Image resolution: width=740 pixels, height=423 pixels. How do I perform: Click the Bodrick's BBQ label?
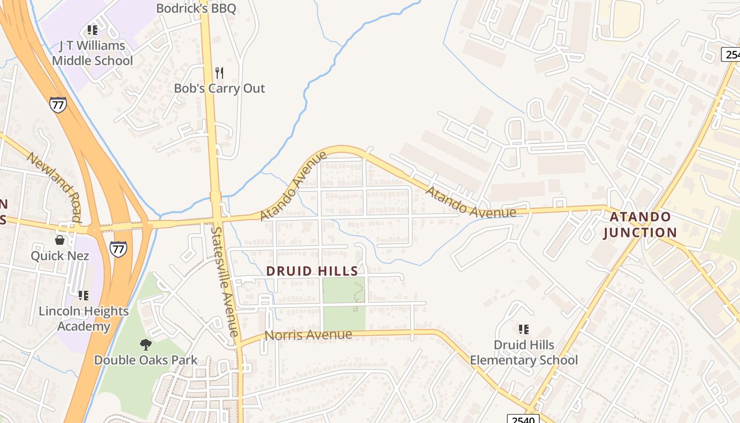coord(196,8)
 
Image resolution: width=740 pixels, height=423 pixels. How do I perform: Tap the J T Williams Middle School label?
coord(92,53)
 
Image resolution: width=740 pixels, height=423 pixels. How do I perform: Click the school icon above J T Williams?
coord(92,30)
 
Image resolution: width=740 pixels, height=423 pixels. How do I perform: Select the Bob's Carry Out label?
coord(219,88)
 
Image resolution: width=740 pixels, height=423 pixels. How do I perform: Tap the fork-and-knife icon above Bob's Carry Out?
coord(219,72)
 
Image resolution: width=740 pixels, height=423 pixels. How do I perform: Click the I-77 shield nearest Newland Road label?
coord(58,105)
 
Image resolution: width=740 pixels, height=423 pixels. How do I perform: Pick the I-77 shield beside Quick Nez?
coord(118,249)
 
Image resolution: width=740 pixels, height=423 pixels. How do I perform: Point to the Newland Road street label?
coord(54,187)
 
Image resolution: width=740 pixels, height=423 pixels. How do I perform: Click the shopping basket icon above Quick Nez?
coord(60,240)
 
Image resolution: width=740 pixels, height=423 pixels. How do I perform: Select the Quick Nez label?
coord(60,256)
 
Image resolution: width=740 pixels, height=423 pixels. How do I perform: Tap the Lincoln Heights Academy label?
coord(84,318)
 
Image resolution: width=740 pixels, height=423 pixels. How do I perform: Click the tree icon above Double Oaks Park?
coord(145,345)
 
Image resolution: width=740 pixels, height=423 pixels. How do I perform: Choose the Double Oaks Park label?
coord(145,360)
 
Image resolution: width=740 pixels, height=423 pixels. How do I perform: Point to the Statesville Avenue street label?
coord(225,281)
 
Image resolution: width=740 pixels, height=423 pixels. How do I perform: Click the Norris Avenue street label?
coord(308,335)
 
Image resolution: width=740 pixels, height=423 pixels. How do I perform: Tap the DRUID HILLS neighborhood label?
coord(312,271)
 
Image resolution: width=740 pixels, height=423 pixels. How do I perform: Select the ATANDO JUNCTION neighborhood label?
coord(640,225)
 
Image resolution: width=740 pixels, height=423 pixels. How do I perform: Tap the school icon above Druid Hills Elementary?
coord(524,329)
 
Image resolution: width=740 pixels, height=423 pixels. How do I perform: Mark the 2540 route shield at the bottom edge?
coord(523,419)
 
